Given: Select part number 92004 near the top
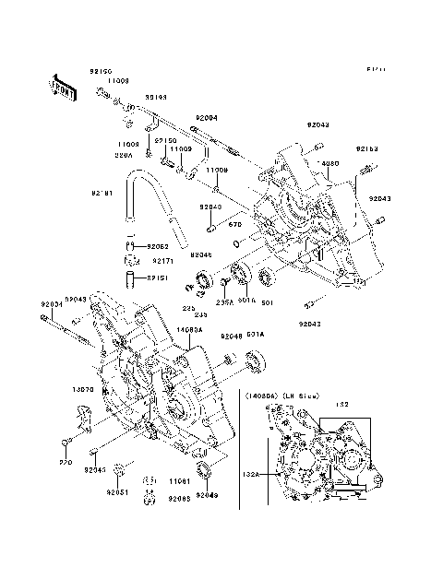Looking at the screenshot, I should [x=206, y=118].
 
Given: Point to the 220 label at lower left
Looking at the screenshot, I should [x=66, y=462].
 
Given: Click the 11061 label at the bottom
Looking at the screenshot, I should [x=180, y=481].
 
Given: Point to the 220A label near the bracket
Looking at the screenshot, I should [x=125, y=156].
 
